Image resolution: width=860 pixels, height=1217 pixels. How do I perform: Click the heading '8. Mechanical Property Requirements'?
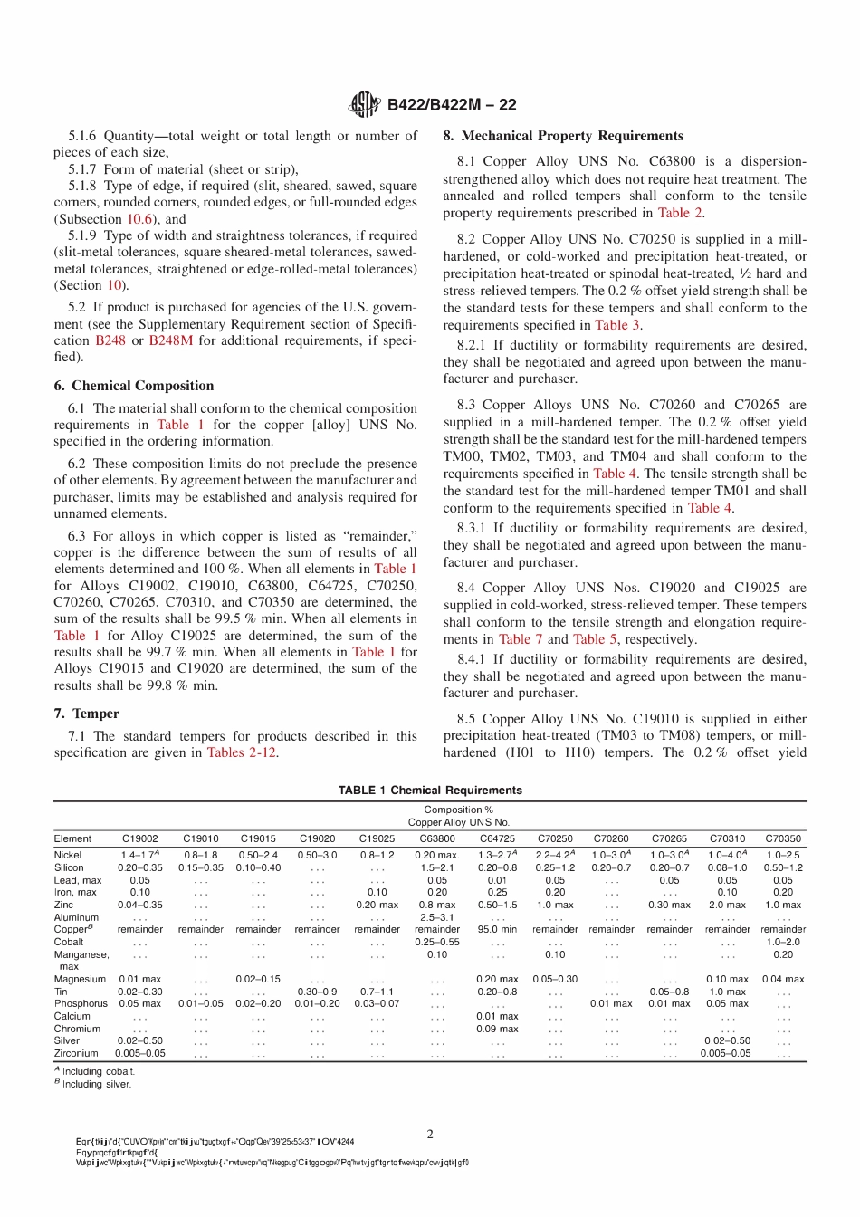point(563,136)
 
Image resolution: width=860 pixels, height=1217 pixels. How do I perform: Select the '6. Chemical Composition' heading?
point(134,386)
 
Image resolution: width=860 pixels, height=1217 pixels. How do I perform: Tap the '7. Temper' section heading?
point(87,714)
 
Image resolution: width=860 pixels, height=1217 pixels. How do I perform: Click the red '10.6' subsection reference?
point(139,219)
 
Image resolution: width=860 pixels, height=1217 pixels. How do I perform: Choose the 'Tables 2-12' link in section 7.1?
point(242,752)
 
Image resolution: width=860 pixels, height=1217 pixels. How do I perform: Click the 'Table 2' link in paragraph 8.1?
point(680,213)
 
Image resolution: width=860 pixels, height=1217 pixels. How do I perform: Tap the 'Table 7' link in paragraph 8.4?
point(515,639)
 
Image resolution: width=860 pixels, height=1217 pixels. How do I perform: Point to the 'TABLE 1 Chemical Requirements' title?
point(430,790)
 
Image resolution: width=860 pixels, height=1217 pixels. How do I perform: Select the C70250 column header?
point(555,838)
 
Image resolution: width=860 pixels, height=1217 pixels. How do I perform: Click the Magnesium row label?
point(80,979)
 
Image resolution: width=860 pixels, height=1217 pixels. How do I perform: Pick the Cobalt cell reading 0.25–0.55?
point(437,942)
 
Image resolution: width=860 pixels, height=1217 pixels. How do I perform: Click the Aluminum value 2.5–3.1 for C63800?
point(437,917)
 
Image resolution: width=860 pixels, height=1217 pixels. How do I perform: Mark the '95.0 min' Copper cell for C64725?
point(497,929)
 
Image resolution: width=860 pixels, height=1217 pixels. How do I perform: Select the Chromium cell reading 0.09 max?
point(497,1029)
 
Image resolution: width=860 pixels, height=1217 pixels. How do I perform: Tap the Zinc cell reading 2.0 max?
point(728,905)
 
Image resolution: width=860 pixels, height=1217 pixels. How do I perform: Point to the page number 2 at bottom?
point(430,1134)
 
